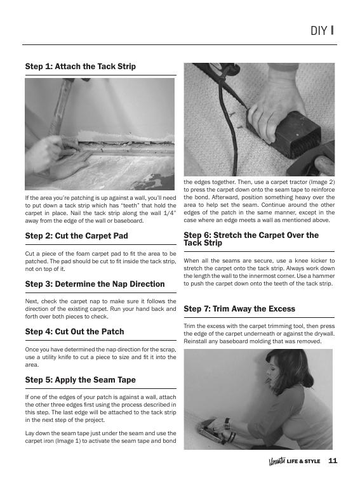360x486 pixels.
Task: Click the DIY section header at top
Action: click(x=322, y=30)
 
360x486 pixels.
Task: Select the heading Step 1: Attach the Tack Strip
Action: click(x=80, y=66)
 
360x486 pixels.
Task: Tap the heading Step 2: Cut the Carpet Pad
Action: click(x=76, y=236)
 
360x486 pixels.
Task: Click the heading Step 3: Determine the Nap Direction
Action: click(x=95, y=284)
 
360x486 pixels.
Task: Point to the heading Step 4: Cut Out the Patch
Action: click(x=74, y=332)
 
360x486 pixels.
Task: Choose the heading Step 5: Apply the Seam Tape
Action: click(x=80, y=380)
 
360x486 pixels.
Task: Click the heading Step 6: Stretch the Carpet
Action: click(x=251, y=239)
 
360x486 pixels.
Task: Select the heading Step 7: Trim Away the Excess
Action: click(x=239, y=309)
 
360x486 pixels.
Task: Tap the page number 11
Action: click(x=333, y=461)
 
